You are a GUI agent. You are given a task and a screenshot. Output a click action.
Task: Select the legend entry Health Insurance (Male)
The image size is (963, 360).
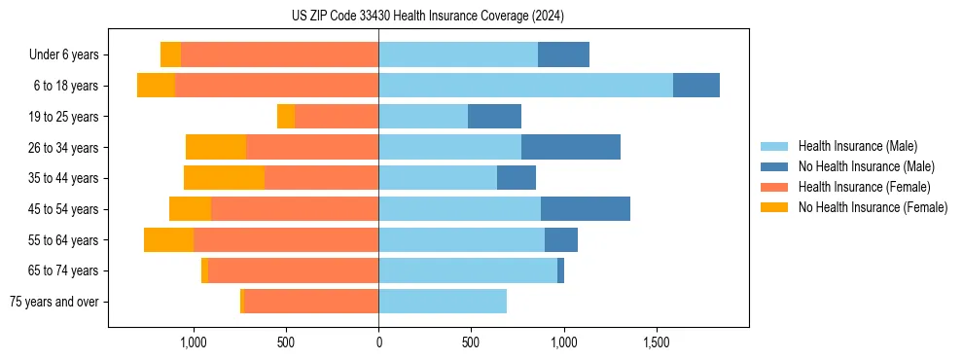tap(857, 146)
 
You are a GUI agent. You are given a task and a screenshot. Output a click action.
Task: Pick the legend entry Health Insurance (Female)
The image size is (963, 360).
tap(864, 187)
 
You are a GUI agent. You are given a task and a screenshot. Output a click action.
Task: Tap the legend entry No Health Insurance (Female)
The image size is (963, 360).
tap(873, 207)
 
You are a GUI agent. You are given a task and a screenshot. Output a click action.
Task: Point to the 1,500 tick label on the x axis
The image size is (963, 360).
tap(657, 342)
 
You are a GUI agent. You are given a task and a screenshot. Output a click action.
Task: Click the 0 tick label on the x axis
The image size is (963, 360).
tap(378, 342)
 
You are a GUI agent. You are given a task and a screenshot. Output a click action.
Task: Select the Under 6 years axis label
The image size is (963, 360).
tap(64, 55)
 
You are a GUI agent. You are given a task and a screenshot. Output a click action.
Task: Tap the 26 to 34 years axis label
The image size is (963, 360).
tap(64, 148)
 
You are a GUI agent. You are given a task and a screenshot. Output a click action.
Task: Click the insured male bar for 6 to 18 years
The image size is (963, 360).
tap(525, 86)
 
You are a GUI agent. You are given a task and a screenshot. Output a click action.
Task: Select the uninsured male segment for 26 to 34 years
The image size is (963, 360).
tap(571, 147)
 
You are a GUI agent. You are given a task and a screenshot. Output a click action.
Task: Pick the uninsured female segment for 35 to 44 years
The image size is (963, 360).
tap(224, 178)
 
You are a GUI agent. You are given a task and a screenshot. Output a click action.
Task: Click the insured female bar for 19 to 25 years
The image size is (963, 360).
tap(337, 117)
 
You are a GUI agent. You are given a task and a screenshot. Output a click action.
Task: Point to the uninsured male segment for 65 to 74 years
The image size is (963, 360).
tap(560, 270)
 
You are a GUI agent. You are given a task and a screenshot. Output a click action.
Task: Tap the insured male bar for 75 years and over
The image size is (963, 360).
tap(443, 302)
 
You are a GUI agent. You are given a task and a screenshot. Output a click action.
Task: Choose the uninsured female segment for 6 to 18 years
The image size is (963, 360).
tap(156, 86)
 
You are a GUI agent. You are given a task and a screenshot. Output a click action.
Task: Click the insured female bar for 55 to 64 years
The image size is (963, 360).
tap(286, 239)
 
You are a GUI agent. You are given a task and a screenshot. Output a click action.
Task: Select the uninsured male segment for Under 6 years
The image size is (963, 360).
tap(563, 55)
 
